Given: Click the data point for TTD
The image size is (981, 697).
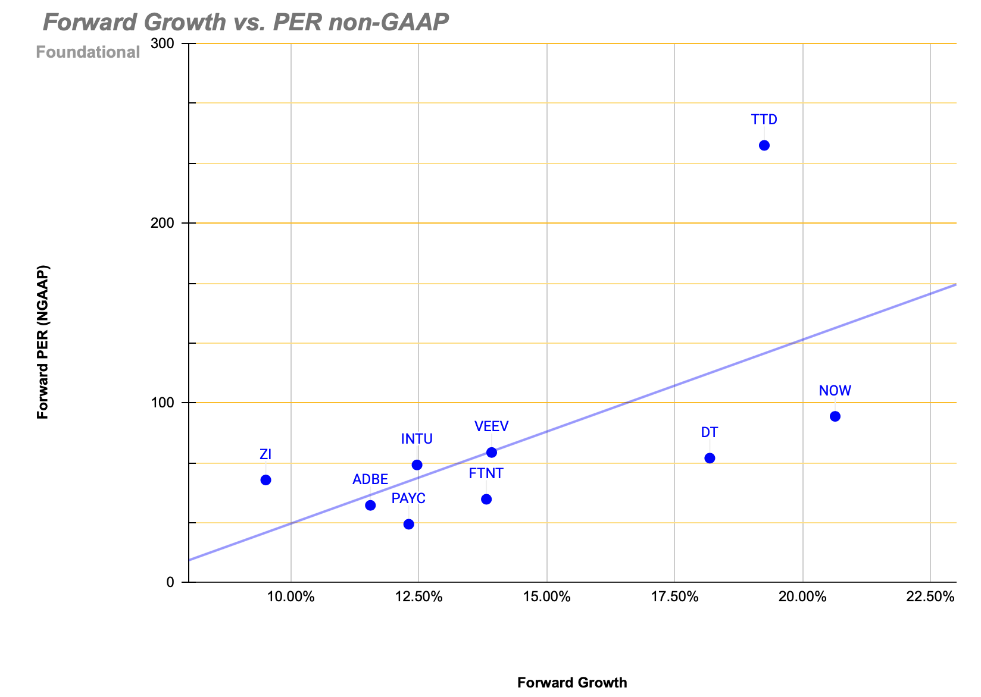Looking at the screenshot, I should pyautogui.click(x=764, y=146).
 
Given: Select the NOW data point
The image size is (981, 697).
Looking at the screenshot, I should pyautogui.click(x=835, y=416).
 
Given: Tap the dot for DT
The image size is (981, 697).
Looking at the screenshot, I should pyautogui.click(x=710, y=458).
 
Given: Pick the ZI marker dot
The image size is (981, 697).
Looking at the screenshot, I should pyautogui.click(x=266, y=480).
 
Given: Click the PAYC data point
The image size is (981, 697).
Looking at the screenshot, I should pyautogui.click(x=409, y=524).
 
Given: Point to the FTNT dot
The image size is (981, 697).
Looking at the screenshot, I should pyautogui.click(x=486, y=499).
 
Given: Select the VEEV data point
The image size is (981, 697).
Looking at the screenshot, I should pyautogui.click(x=492, y=453).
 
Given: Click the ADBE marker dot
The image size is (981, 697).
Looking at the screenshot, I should pyautogui.click(x=370, y=506).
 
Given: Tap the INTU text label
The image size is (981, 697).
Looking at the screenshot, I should pyautogui.click(x=417, y=439).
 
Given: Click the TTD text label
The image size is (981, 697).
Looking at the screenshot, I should pyautogui.click(x=764, y=120).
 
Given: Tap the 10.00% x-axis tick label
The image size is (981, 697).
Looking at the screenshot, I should pyautogui.click(x=290, y=597).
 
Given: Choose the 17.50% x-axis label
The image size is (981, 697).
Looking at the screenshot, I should pyautogui.click(x=674, y=597).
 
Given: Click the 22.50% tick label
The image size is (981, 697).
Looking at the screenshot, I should pyautogui.click(x=930, y=597).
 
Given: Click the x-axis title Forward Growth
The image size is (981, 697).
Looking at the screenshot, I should pyautogui.click(x=572, y=682).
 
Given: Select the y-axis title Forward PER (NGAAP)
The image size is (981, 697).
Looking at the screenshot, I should pyautogui.click(x=43, y=342).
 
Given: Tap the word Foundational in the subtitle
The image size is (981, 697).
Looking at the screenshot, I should pyautogui.click(x=88, y=52).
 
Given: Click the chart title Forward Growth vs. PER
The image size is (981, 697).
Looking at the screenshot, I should pyautogui.click(x=246, y=22).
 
